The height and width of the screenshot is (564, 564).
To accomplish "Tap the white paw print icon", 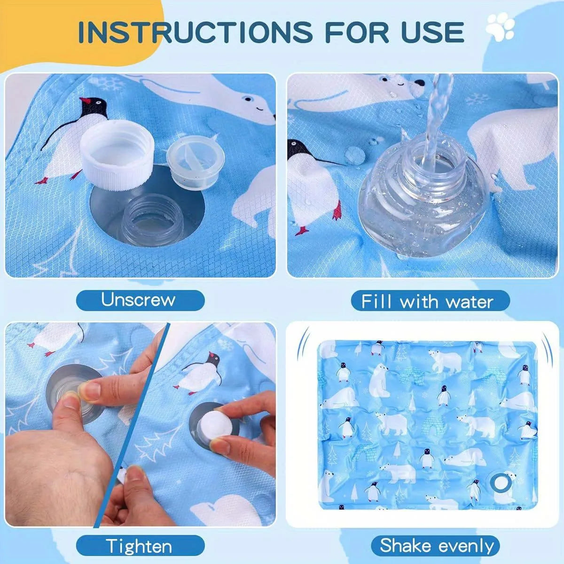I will coord(501,29).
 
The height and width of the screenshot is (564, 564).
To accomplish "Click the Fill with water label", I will coord(428,301).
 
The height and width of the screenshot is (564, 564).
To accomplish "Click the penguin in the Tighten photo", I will coord(200,374).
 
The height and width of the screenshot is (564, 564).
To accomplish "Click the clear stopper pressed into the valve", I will coord(70,395).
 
